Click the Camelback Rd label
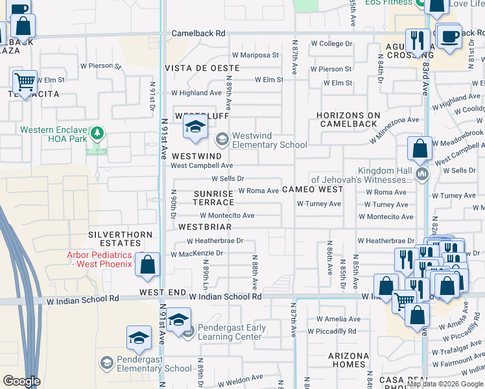pos(198,33)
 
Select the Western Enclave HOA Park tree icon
pos(97,134)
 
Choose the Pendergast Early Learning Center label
pos(231,332)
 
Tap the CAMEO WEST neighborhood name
pos(313,189)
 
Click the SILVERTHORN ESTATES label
pos(123,239)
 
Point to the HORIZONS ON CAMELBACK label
pos(347,119)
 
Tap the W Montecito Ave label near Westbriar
pos(227,215)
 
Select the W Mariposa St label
pos(255,55)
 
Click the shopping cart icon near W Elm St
pos(25,82)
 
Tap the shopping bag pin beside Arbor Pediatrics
pos(148,265)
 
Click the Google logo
pos(22,381)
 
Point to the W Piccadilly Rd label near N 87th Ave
pos(331,331)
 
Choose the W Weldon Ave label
pos(241,377)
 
